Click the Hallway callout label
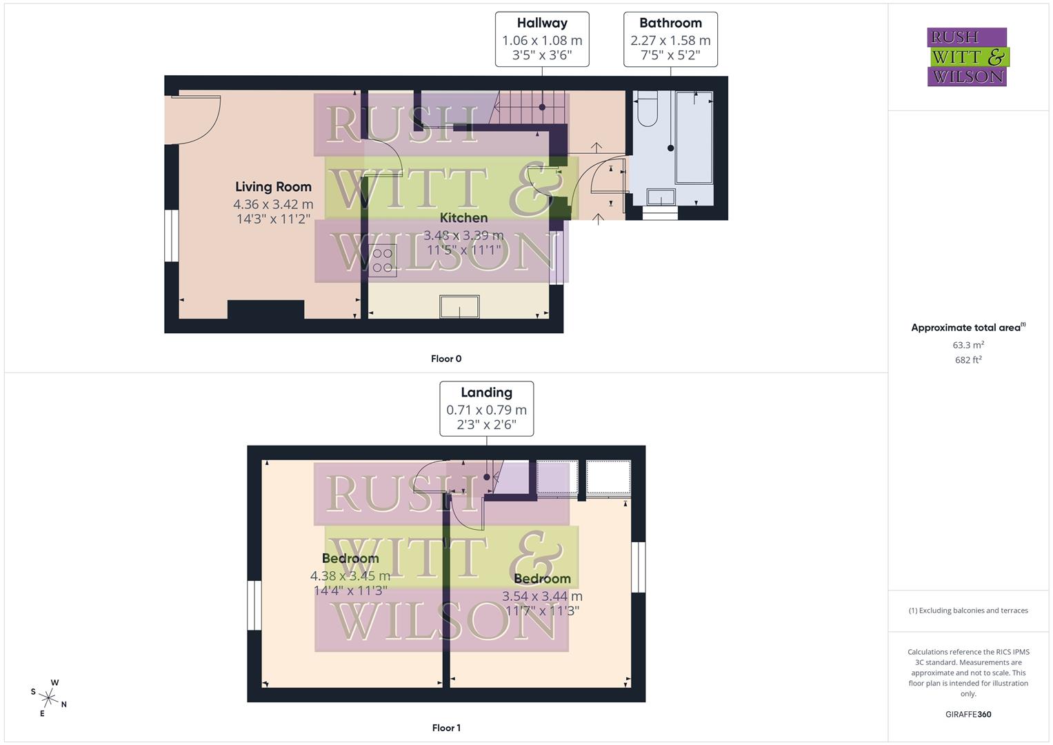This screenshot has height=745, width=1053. (542, 23)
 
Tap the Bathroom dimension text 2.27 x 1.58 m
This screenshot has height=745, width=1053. (670, 41)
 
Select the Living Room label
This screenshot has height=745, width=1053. (273, 186)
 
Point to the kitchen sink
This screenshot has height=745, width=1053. (460, 306)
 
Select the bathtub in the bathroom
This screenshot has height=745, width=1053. (694, 138)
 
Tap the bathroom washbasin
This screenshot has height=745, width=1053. (661, 197)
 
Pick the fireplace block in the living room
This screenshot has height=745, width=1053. (265, 310)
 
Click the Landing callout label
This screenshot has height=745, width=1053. (486, 393)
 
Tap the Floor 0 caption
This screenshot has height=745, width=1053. (446, 359)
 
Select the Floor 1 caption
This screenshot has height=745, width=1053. (446, 728)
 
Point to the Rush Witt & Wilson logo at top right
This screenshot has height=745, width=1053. (967, 57)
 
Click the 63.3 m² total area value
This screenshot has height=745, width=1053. (968, 345)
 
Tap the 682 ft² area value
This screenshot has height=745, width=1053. (968, 360)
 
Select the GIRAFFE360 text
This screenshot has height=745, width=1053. (968, 714)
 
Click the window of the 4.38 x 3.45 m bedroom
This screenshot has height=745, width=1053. (254, 606)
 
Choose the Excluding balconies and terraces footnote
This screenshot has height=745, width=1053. (968, 610)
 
